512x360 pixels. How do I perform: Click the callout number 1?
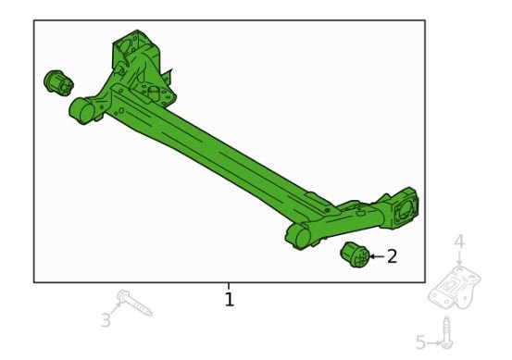230,299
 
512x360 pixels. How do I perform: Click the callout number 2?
392,256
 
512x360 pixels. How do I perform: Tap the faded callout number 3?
106,320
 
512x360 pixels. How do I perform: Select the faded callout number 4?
459,242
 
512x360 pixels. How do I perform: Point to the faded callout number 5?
421,342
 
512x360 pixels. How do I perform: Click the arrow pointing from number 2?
377,256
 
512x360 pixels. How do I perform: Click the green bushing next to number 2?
355,254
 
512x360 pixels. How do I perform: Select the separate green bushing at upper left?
58,83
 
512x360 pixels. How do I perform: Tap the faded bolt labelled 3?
134,303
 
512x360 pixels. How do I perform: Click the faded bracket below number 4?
455,287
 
